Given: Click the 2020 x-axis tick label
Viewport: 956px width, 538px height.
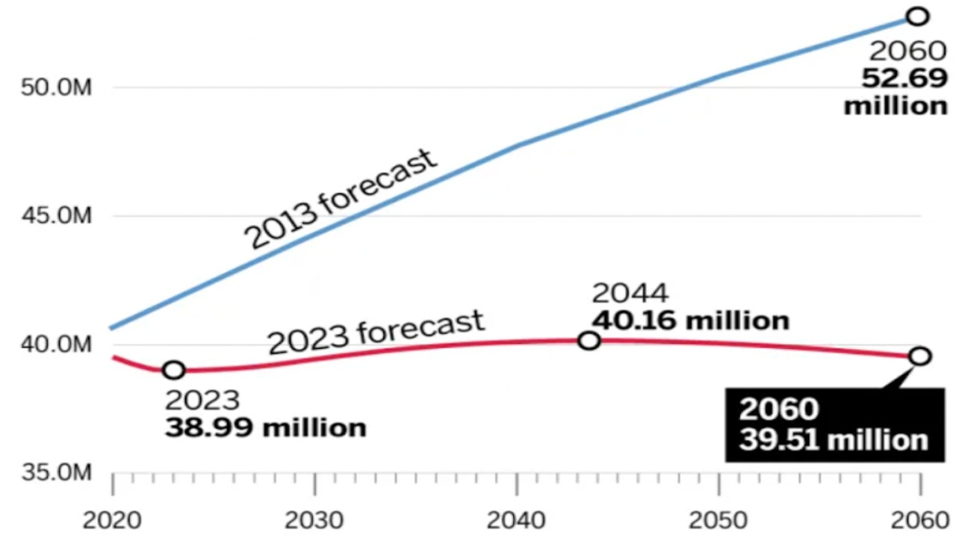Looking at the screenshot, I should pyautogui.click(x=113, y=520).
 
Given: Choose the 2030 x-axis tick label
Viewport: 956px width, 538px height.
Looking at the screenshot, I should pyautogui.click(x=315, y=520).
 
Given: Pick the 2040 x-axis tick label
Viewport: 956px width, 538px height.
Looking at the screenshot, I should pyautogui.click(x=517, y=520).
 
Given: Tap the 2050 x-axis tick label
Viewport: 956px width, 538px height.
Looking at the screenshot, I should pyautogui.click(x=718, y=520).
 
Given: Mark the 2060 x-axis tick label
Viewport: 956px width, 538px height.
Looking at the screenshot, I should pyautogui.click(x=920, y=520).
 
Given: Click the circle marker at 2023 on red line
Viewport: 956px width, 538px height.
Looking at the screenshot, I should pyautogui.click(x=173, y=369).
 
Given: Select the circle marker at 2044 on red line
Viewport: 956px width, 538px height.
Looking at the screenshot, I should pyautogui.click(x=589, y=341).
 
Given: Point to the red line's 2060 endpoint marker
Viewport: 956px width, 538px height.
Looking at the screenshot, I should pyautogui.click(x=920, y=356).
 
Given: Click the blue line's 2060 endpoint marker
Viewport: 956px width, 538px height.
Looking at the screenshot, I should pyautogui.click(x=917, y=16).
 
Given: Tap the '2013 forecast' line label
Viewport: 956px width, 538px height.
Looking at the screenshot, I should pyautogui.click(x=341, y=199).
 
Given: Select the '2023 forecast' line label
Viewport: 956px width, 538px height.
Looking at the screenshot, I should pyautogui.click(x=376, y=333).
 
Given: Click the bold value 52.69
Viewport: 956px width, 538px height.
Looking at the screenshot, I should pyautogui.click(x=904, y=78).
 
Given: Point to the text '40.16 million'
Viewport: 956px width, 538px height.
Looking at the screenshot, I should pyautogui.click(x=690, y=321).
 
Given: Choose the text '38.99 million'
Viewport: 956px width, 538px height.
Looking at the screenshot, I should pyautogui.click(x=266, y=428).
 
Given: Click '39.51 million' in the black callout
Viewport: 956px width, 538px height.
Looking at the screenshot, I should pyautogui.click(x=834, y=439).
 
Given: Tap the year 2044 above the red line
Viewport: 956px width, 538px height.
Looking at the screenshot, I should pyautogui.click(x=630, y=294).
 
